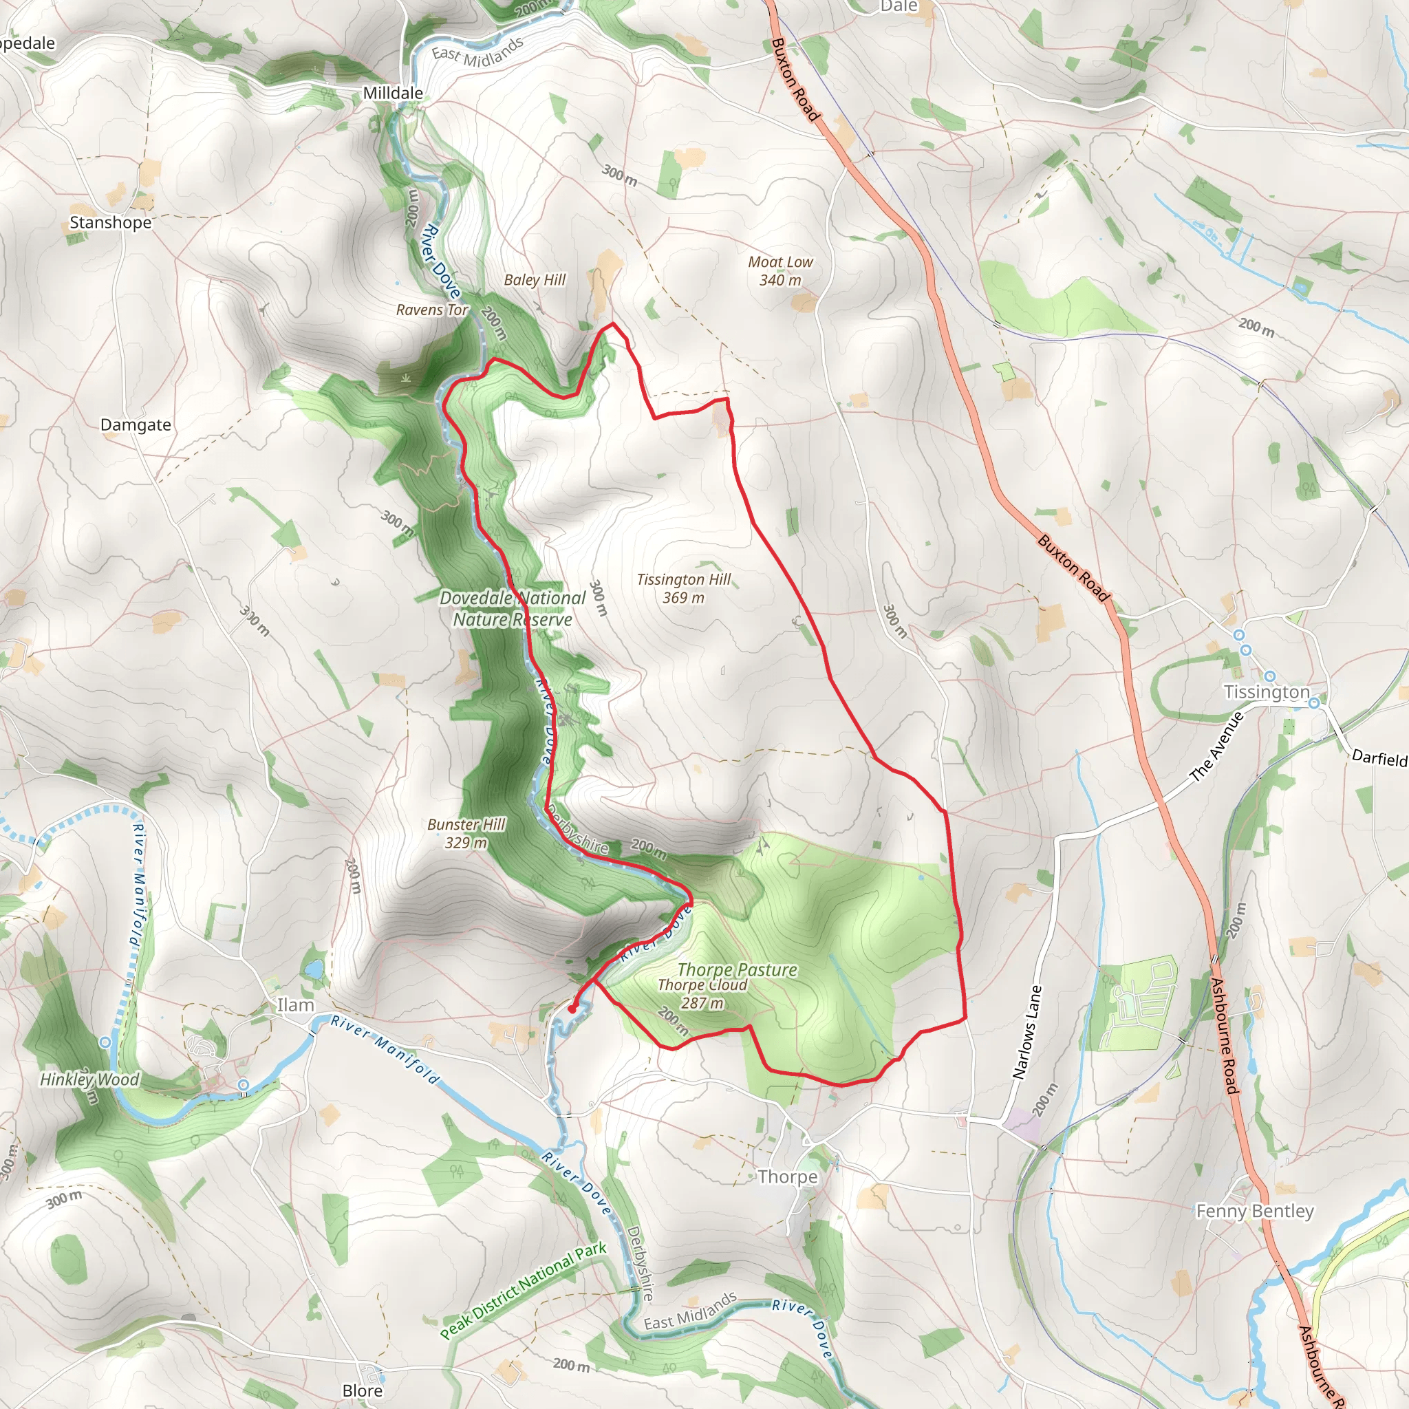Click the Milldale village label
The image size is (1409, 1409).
[393, 94]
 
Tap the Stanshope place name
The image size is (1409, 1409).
[111, 222]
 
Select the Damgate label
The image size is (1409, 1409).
[136, 424]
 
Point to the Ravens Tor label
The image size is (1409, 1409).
[432, 310]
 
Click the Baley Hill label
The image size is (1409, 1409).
[535, 280]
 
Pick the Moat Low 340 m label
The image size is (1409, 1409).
[780, 271]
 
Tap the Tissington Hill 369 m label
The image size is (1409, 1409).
[683, 588]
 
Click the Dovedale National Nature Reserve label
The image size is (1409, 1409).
[512, 609]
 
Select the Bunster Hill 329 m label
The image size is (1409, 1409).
[466, 834]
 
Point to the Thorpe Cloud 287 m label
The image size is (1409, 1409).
[702, 994]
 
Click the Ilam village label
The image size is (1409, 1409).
[295, 1005]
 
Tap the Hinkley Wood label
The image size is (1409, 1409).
[89, 1079]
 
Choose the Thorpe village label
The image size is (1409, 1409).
[788, 1177]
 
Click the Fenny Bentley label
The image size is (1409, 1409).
[1254, 1212]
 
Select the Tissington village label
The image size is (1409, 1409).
[1267, 692]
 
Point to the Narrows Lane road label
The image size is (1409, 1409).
[1028, 1033]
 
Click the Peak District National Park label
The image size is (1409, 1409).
[523, 1290]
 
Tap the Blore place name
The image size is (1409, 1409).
[363, 1390]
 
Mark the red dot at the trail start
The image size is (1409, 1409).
[572, 1009]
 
